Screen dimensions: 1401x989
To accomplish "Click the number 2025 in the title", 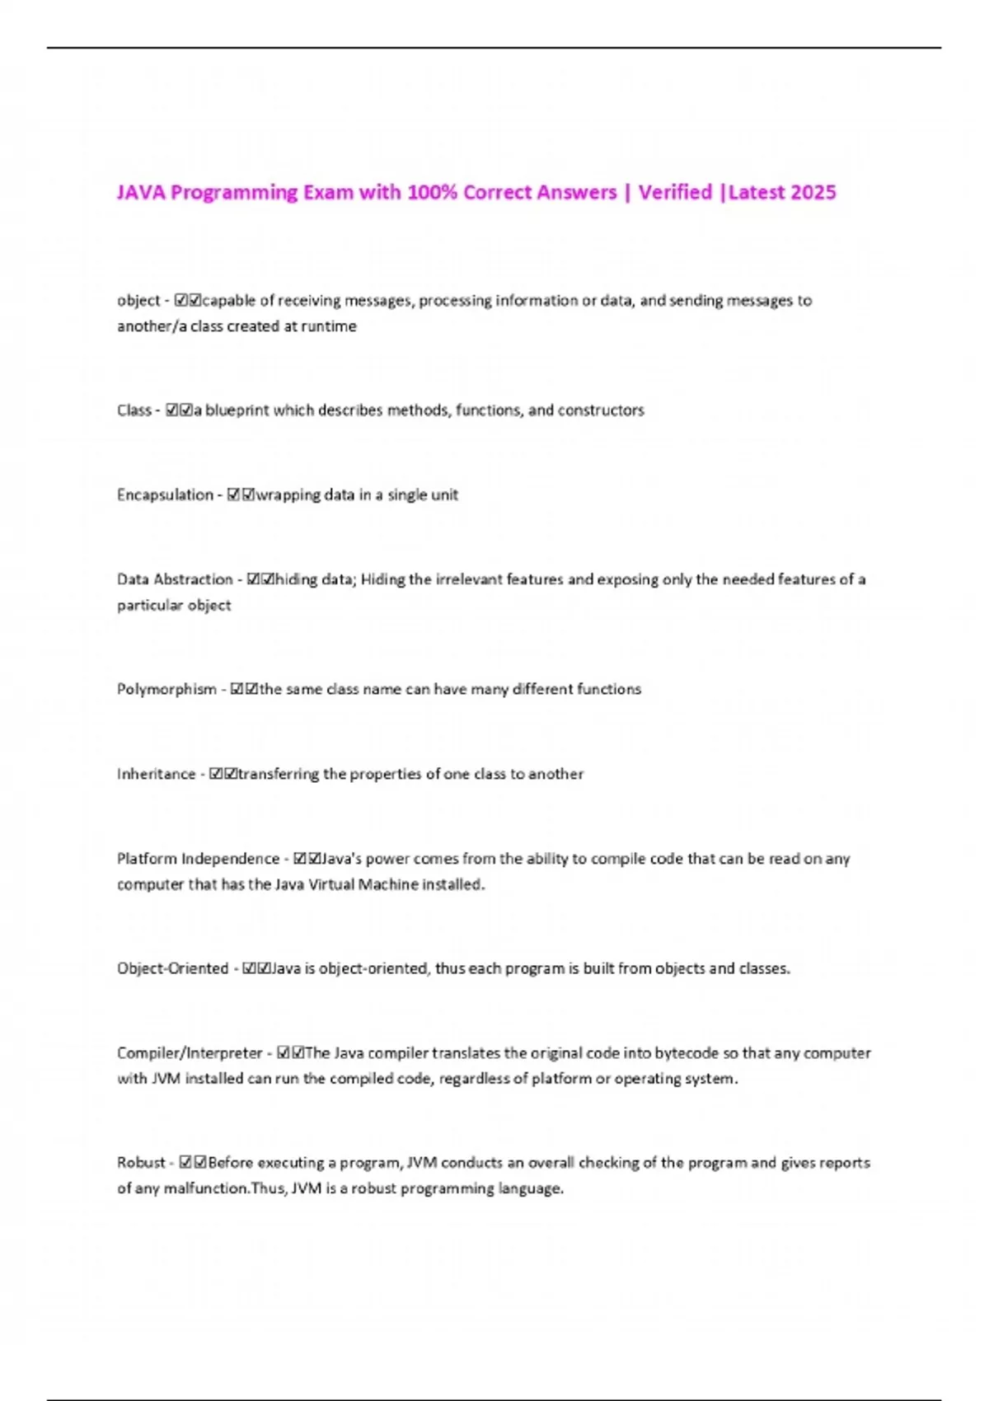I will pos(813,192).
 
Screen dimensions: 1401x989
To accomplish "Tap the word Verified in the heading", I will pos(675,192).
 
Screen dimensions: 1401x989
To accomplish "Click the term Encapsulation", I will pos(165,494).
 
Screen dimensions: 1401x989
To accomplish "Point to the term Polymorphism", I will pos(166,689).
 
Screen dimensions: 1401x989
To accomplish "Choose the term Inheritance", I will pos(156,774).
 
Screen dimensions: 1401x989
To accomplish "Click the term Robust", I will pos(141,1162).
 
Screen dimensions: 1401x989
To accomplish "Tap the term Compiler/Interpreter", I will pos(190,1052).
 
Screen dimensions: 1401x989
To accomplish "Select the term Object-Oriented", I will pos(172,968).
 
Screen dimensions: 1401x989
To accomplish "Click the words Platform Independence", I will pos(198,859).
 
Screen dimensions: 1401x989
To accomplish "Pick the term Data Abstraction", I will pos(175,579).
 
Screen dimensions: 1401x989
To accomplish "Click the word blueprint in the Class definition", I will pos(237,410).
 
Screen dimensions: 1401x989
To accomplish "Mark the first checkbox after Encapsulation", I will pos(233,494).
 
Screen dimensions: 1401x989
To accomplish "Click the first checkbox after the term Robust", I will pos(185,1162).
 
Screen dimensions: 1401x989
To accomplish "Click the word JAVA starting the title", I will pos(141,192).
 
